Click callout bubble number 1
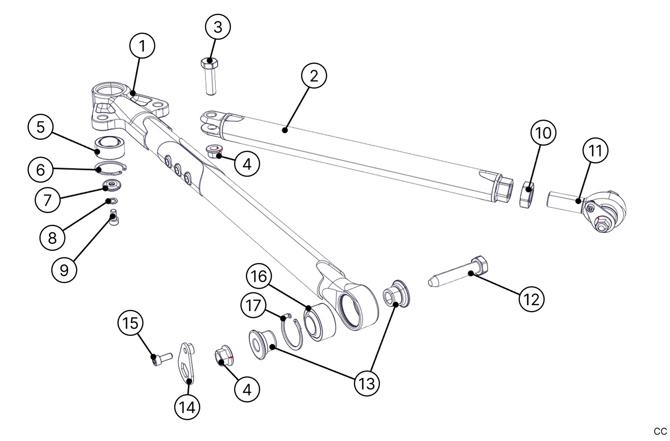click(142, 46)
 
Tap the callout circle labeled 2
click(314, 76)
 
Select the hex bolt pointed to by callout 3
click(210, 76)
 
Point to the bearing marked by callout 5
click(110, 146)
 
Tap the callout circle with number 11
click(595, 151)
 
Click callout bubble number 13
click(367, 383)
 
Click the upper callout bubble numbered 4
click(247, 164)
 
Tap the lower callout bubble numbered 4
click(247, 390)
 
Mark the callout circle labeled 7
click(48, 200)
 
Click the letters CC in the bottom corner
click(660, 431)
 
